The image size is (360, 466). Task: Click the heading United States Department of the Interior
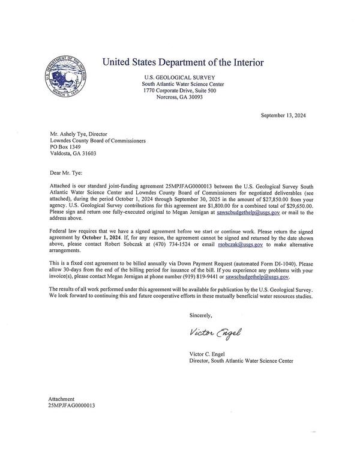182,62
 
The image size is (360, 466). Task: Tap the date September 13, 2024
283,115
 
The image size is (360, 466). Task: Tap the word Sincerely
200,315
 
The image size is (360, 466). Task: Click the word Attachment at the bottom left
61,399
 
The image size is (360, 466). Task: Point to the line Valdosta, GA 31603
73,153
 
